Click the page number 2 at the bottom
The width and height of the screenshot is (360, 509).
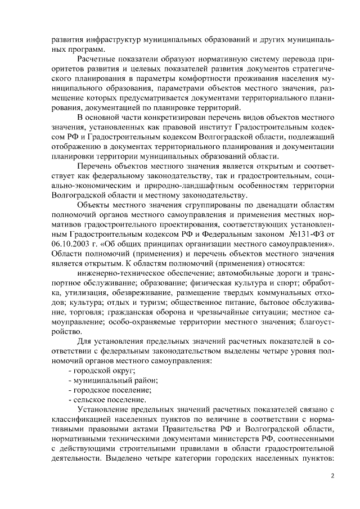pyautogui.click(x=332, y=475)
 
